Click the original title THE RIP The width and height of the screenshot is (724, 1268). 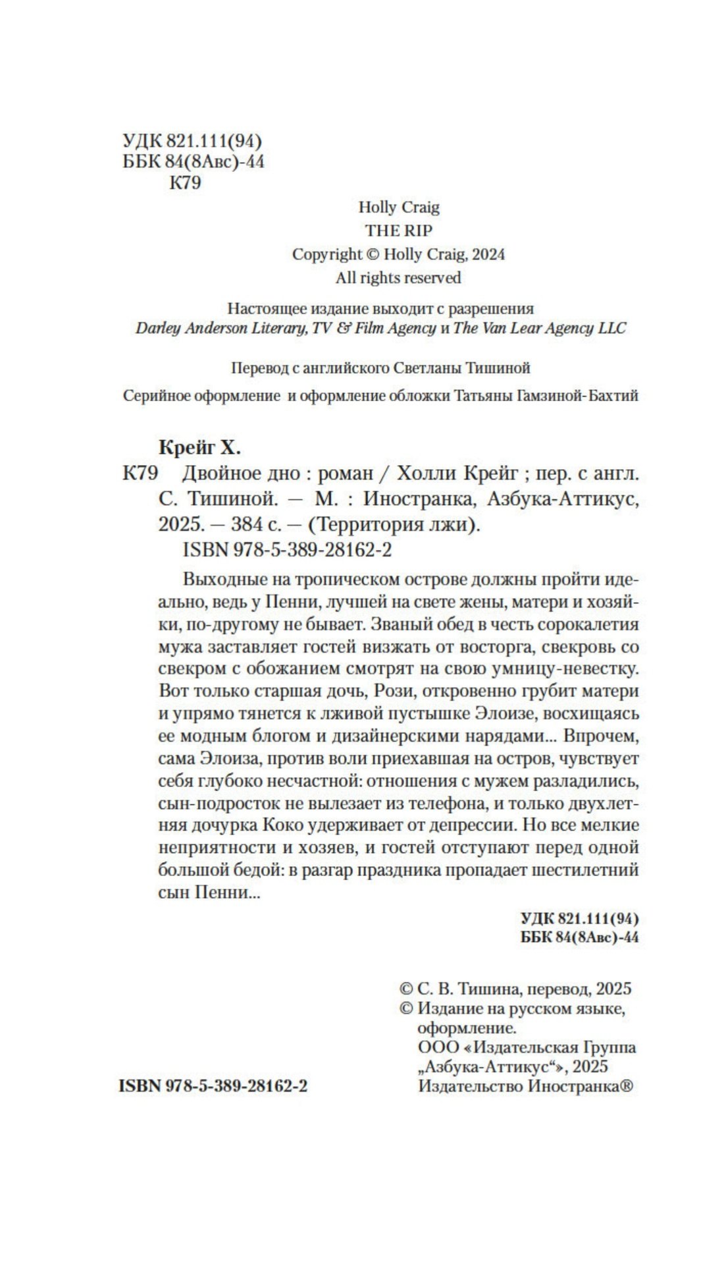(x=399, y=231)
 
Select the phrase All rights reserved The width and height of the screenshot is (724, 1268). (x=398, y=278)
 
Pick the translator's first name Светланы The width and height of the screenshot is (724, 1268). (x=425, y=368)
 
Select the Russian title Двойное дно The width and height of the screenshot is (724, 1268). (x=241, y=474)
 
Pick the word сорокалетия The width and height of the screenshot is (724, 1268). (x=586, y=624)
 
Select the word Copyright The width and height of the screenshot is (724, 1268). (x=326, y=254)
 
